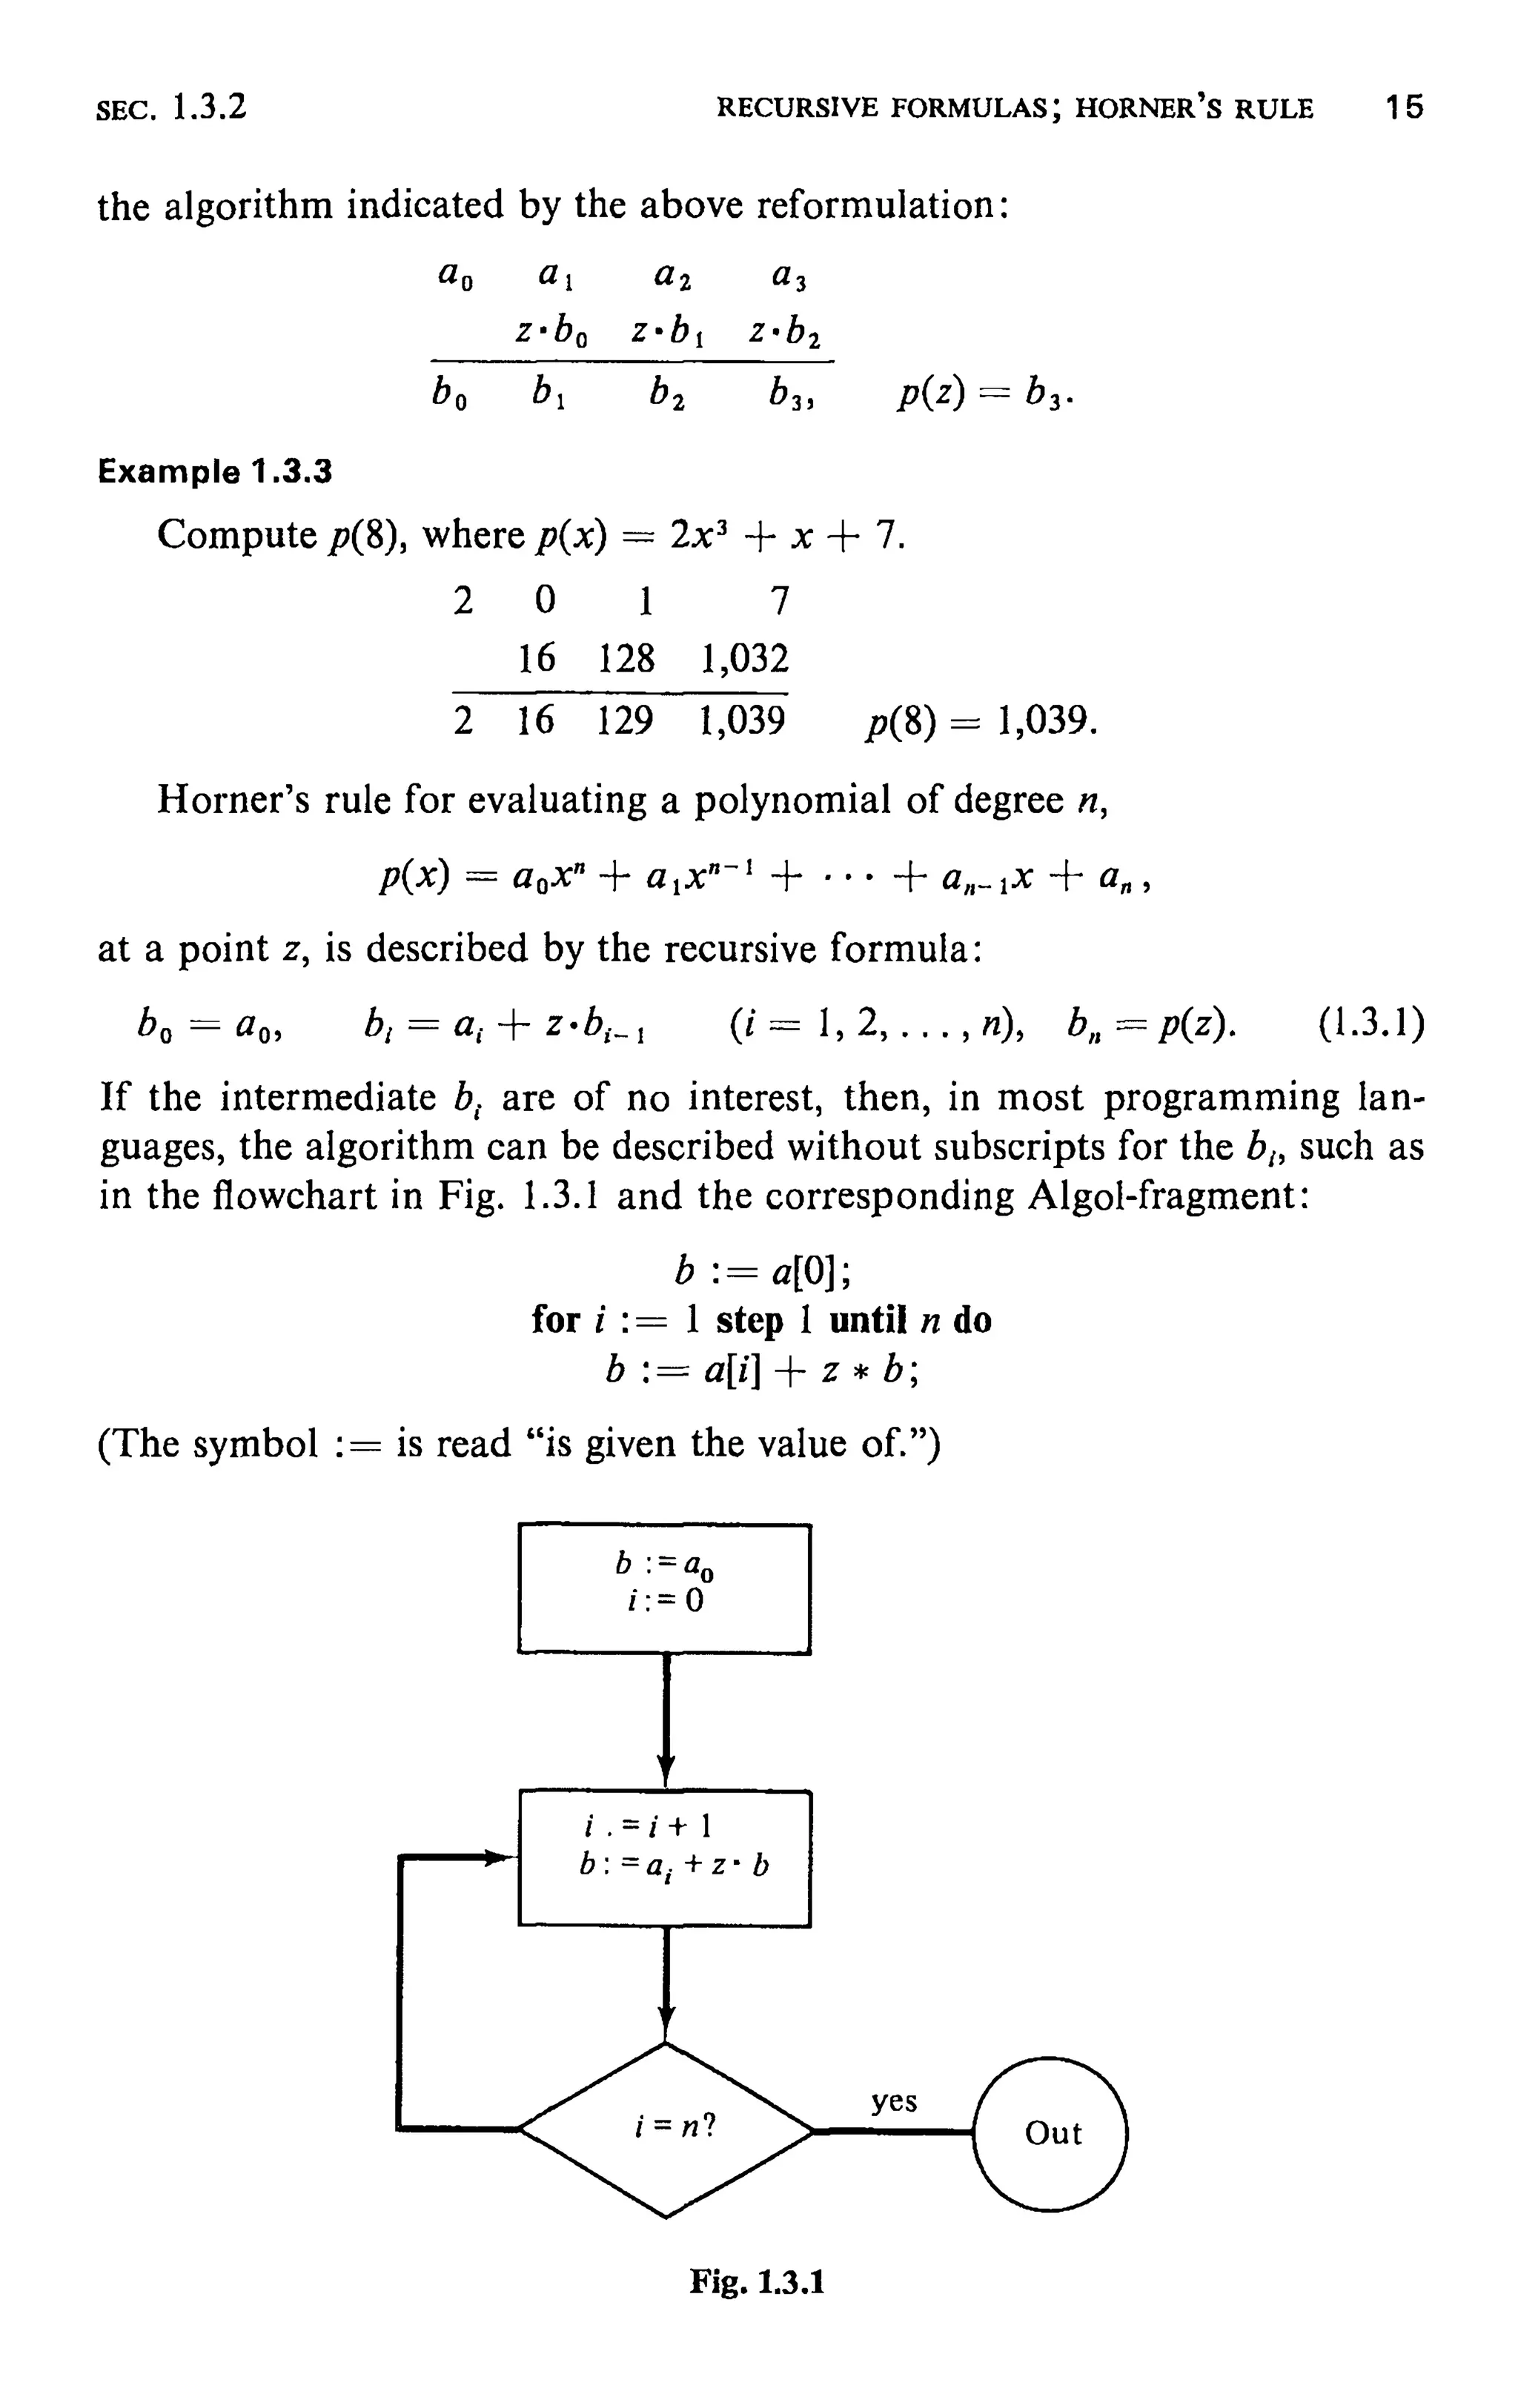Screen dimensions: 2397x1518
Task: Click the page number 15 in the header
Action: click(x=1405, y=107)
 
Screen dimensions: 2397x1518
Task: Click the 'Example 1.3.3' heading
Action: click(x=214, y=471)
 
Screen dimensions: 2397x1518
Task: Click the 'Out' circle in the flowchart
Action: click(x=1052, y=2133)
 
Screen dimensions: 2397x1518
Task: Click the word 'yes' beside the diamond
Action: click(x=894, y=2101)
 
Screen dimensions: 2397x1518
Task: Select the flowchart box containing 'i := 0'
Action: click(x=664, y=1588)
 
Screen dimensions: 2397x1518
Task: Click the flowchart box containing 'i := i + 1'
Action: click(x=665, y=1858)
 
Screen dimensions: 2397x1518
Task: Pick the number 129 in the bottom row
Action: click(x=625, y=720)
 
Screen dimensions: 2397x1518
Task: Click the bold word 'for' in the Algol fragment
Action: click(x=554, y=1321)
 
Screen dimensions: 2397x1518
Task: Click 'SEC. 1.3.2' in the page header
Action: click(x=171, y=107)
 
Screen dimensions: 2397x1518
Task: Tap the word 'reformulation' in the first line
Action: click(x=877, y=206)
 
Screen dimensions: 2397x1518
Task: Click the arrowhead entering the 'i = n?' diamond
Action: click(x=666, y=2026)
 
